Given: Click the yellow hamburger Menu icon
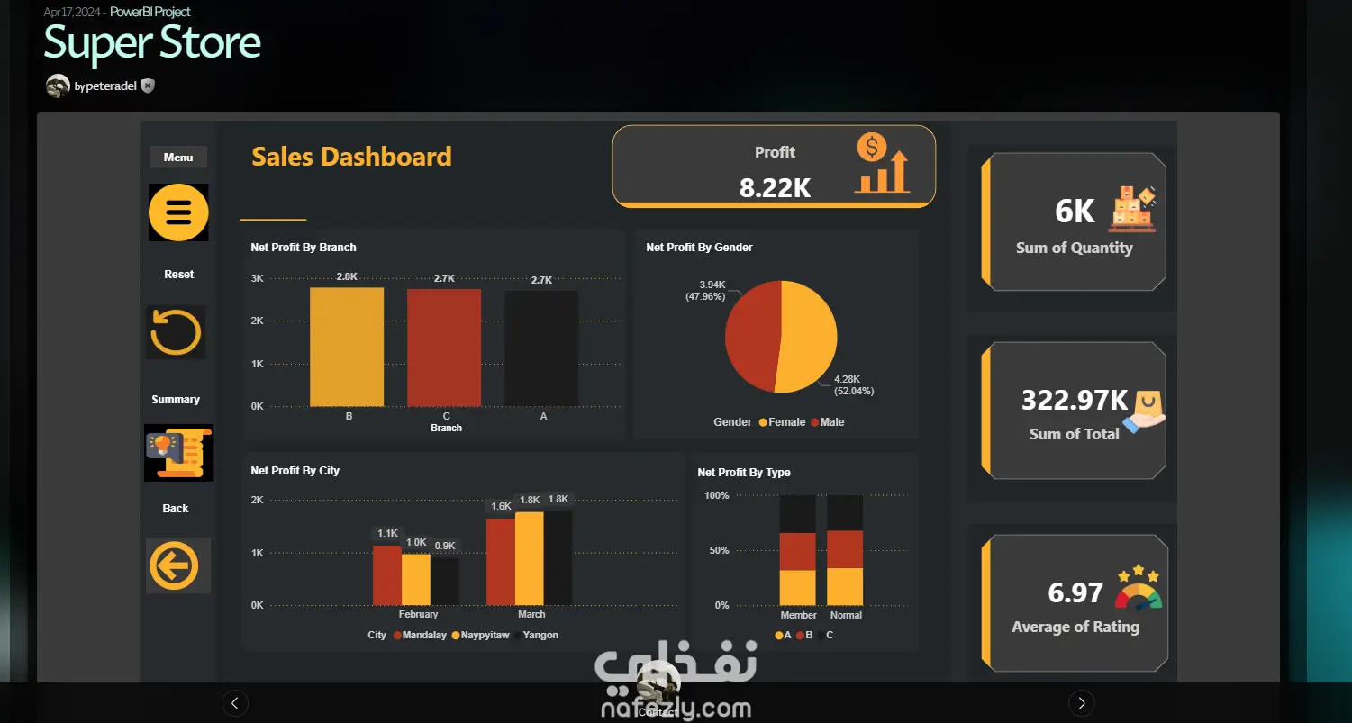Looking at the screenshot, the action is (x=178, y=212).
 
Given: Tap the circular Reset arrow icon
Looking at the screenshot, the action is (x=176, y=332).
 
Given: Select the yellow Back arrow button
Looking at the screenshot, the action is (x=174, y=565).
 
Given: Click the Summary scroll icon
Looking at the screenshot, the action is (x=178, y=453).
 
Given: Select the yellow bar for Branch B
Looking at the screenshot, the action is (x=347, y=347).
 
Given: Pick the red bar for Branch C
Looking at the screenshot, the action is (x=444, y=348).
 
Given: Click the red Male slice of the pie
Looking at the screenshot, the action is (x=752, y=336).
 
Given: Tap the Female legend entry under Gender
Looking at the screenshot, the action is (x=782, y=422).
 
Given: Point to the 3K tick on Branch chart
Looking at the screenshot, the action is (x=257, y=278).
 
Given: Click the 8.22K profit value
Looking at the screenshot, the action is (x=775, y=187).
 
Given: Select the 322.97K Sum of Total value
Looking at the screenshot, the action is (x=1075, y=400).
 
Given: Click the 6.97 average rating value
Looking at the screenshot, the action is (x=1075, y=592).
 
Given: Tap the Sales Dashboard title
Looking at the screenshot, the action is (x=351, y=157).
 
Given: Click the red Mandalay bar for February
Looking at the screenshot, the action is (x=387, y=575).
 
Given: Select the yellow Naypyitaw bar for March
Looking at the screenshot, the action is (x=530, y=559).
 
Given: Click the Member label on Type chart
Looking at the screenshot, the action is (x=799, y=615).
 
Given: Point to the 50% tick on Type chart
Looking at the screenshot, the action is (x=719, y=550).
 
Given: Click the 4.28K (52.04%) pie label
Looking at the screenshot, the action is (x=854, y=385).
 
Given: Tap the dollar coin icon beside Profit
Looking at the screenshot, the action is (x=872, y=148).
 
